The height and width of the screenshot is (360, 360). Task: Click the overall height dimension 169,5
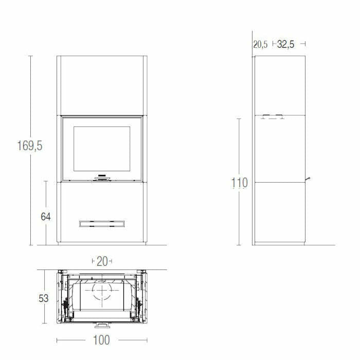click(29, 146)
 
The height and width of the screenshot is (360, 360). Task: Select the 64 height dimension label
click(46, 217)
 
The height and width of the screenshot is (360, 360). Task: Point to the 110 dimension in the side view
click(239, 183)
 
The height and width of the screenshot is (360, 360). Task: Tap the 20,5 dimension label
click(260, 44)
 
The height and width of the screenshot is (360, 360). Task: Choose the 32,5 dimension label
click(285, 44)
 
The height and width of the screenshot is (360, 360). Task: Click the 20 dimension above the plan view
click(102, 261)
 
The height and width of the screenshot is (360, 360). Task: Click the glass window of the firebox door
click(101, 149)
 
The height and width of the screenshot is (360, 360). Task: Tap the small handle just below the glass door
click(101, 177)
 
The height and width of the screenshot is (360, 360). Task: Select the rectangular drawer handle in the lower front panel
click(101, 223)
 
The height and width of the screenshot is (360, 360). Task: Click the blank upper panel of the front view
click(101, 85)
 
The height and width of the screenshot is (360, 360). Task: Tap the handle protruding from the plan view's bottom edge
click(101, 325)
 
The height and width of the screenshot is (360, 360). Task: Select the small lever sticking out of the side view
click(309, 178)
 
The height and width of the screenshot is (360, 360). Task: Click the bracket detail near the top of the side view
click(272, 117)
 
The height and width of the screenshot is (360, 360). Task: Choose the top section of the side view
click(280, 85)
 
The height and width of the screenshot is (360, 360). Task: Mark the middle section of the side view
click(280, 149)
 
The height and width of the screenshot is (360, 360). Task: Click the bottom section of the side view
click(280, 212)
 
